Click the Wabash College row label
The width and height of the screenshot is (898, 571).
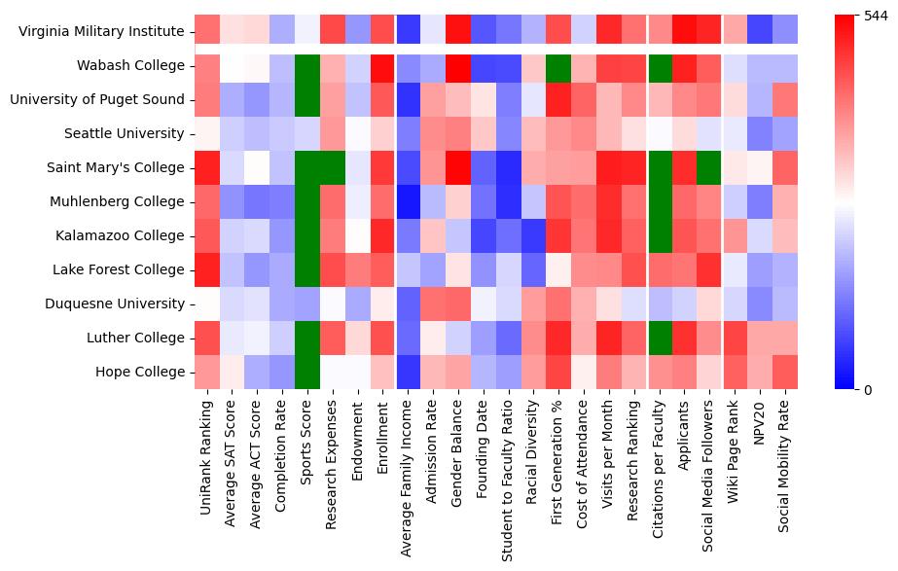(x=130, y=66)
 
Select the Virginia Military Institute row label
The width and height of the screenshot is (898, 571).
(x=101, y=32)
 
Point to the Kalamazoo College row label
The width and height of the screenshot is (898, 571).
(x=122, y=236)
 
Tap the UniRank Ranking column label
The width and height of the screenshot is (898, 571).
(x=205, y=458)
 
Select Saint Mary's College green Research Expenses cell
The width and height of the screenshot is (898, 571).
(x=332, y=167)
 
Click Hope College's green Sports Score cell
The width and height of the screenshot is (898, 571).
(x=306, y=372)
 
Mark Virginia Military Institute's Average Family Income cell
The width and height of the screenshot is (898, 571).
(x=408, y=31)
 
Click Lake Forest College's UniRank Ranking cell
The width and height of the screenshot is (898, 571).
(x=205, y=269)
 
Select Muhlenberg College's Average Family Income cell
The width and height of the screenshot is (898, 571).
(x=408, y=201)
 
